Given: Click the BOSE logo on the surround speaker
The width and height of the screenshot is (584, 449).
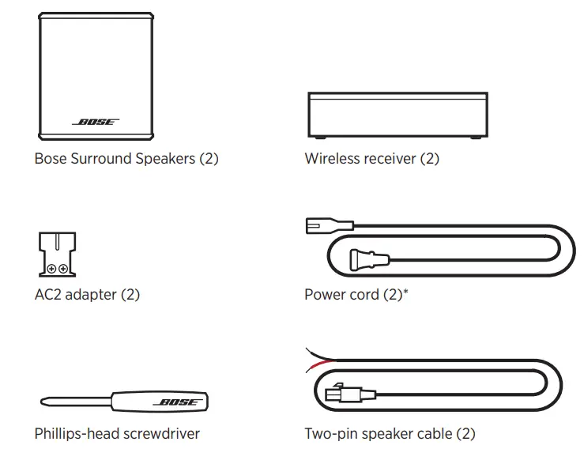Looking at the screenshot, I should [96, 123].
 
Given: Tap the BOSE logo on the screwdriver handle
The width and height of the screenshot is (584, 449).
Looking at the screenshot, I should [179, 402].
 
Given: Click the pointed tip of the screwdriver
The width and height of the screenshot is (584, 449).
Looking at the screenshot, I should [42, 402].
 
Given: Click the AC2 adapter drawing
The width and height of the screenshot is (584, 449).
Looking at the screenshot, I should [56, 253].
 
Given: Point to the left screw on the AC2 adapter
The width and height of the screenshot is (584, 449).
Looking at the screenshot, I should [51, 268].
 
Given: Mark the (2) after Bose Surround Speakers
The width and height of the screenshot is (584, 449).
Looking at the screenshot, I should [209, 159].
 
